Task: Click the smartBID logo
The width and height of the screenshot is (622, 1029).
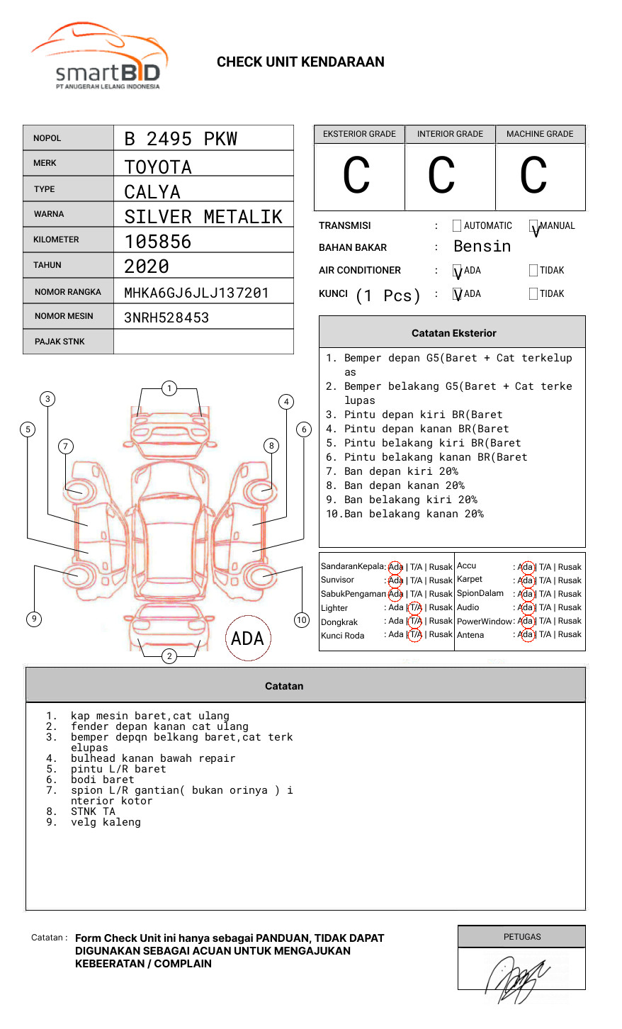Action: (99, 57)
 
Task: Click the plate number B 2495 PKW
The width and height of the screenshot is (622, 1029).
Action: (181, 139)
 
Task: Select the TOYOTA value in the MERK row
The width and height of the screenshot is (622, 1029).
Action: (158, 167)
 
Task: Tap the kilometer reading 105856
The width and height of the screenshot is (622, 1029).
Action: (158, 242)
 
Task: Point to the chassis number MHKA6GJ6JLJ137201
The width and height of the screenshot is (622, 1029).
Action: (196, 293)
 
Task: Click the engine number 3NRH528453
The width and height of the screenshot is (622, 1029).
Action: (166, 317)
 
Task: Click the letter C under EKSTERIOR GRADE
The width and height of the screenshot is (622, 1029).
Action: (356, 176)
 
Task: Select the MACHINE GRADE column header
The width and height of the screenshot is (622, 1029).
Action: (540, 134)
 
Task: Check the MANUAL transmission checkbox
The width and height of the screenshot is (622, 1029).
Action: (533, 226)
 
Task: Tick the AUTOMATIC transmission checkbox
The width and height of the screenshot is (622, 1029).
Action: (457, 226)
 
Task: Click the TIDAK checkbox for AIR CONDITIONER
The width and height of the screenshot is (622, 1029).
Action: (533, 271)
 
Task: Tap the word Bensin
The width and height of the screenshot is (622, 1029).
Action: (482, 247)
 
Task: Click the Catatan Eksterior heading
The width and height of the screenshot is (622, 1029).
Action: (453, 333)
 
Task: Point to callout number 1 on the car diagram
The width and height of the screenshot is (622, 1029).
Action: (169, 388)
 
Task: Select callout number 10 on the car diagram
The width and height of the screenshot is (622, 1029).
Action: (302, 620)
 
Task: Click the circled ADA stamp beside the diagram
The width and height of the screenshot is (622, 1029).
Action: (247, 639)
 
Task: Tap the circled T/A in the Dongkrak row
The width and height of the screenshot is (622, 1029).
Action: (415, 622)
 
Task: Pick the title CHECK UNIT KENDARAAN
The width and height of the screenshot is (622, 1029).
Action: (300, 62)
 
